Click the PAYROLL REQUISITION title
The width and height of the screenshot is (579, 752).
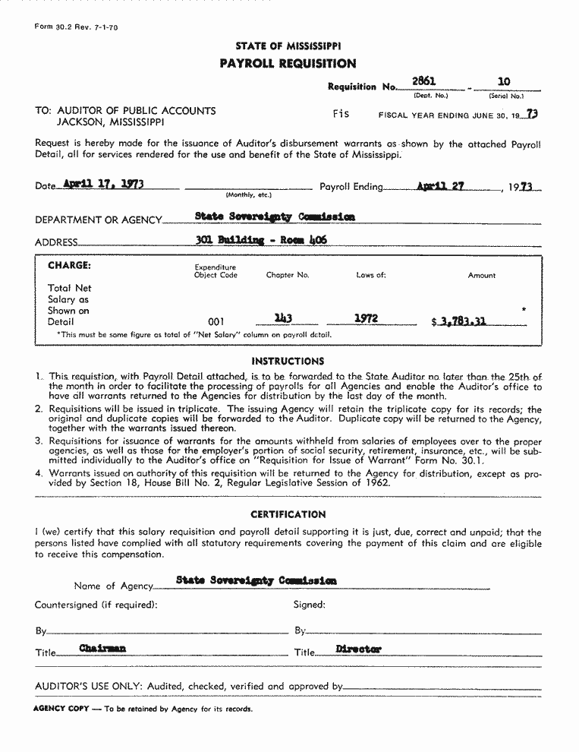pos(288,64)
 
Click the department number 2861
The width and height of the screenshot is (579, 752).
pos(423,81)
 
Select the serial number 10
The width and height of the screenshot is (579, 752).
pos(504,81)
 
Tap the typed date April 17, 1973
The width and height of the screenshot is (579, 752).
pos(104,184)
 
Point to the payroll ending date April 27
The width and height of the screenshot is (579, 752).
pos(440,185)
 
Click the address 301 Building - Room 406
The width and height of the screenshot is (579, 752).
pos(261,240)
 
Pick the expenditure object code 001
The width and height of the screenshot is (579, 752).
pos(216,322)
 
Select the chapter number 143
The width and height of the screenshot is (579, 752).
pos(284,319)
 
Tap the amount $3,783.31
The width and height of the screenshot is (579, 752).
pos(458,321)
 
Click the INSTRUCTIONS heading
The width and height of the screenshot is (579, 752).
pos(288,362)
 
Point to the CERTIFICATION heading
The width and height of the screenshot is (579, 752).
pos(288,514)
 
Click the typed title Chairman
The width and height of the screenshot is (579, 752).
pos(102,649)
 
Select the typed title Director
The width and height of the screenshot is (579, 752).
pos(358,649)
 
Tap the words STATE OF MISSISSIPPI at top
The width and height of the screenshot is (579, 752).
pos(288,46)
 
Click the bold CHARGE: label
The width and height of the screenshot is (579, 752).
pos(69,266)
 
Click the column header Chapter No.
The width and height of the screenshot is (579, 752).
pos(288,275)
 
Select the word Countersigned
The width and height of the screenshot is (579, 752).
pos(67,605)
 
